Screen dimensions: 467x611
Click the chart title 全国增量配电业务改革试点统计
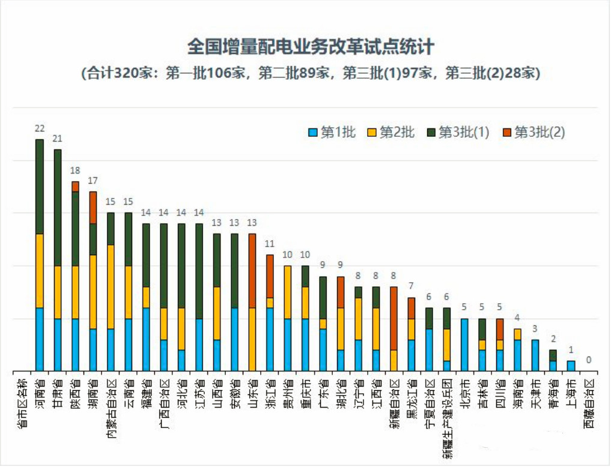click(x=311, y=47)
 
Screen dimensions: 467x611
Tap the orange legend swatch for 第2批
click(x=372, y=133)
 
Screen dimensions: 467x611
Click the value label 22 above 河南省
click(x=40, y=128)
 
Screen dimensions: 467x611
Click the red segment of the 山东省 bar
click(x=252, y=271)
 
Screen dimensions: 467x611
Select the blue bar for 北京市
click(x=464, y=345)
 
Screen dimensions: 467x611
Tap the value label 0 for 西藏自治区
click(x=589, y=360)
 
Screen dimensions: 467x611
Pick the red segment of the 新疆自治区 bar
click(x=394, y=318)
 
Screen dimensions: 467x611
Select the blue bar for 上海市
click(x=571, y=366)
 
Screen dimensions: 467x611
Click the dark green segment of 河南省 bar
click(x=40, y=187)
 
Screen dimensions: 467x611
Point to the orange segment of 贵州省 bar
click(x=288, y=292)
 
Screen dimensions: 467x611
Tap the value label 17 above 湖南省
click(x=93, y=181)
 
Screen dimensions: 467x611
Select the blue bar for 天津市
click(x=535, y=355)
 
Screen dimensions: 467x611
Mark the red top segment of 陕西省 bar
click(x=75, y=187)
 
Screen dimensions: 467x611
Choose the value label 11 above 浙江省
click(x=270, y=244)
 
